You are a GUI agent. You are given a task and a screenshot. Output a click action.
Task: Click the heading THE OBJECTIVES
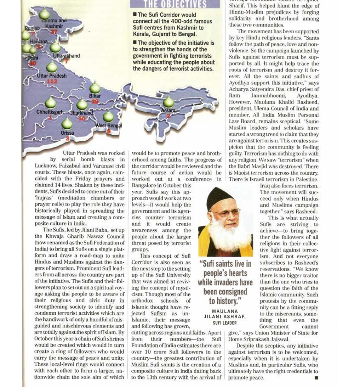point(175,4)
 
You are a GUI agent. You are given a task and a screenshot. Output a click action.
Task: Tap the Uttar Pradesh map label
point(52,75)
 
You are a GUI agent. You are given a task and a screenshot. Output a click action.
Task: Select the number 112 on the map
point(52,82)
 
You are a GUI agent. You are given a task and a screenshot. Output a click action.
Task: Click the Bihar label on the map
point(95,96)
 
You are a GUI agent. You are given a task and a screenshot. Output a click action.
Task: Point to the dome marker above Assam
point(168,102)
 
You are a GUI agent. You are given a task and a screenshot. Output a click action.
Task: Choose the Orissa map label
point(67,133)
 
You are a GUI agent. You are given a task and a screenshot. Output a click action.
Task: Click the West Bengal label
point(109,125)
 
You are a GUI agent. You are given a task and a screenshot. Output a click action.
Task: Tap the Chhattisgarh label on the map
point(50,112)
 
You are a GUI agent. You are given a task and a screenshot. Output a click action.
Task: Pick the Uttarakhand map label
point(66,56)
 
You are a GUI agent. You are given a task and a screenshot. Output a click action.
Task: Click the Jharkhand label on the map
point(82,113)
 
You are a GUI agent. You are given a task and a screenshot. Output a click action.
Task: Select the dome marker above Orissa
point(67,123)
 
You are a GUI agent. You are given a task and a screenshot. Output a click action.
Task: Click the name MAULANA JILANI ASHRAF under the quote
point(224,314)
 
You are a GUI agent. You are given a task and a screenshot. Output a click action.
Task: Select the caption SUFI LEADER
point(224,323)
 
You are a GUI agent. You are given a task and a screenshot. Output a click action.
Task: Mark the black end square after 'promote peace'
point(316,378)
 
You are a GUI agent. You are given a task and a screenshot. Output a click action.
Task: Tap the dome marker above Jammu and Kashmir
point(45,14)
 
